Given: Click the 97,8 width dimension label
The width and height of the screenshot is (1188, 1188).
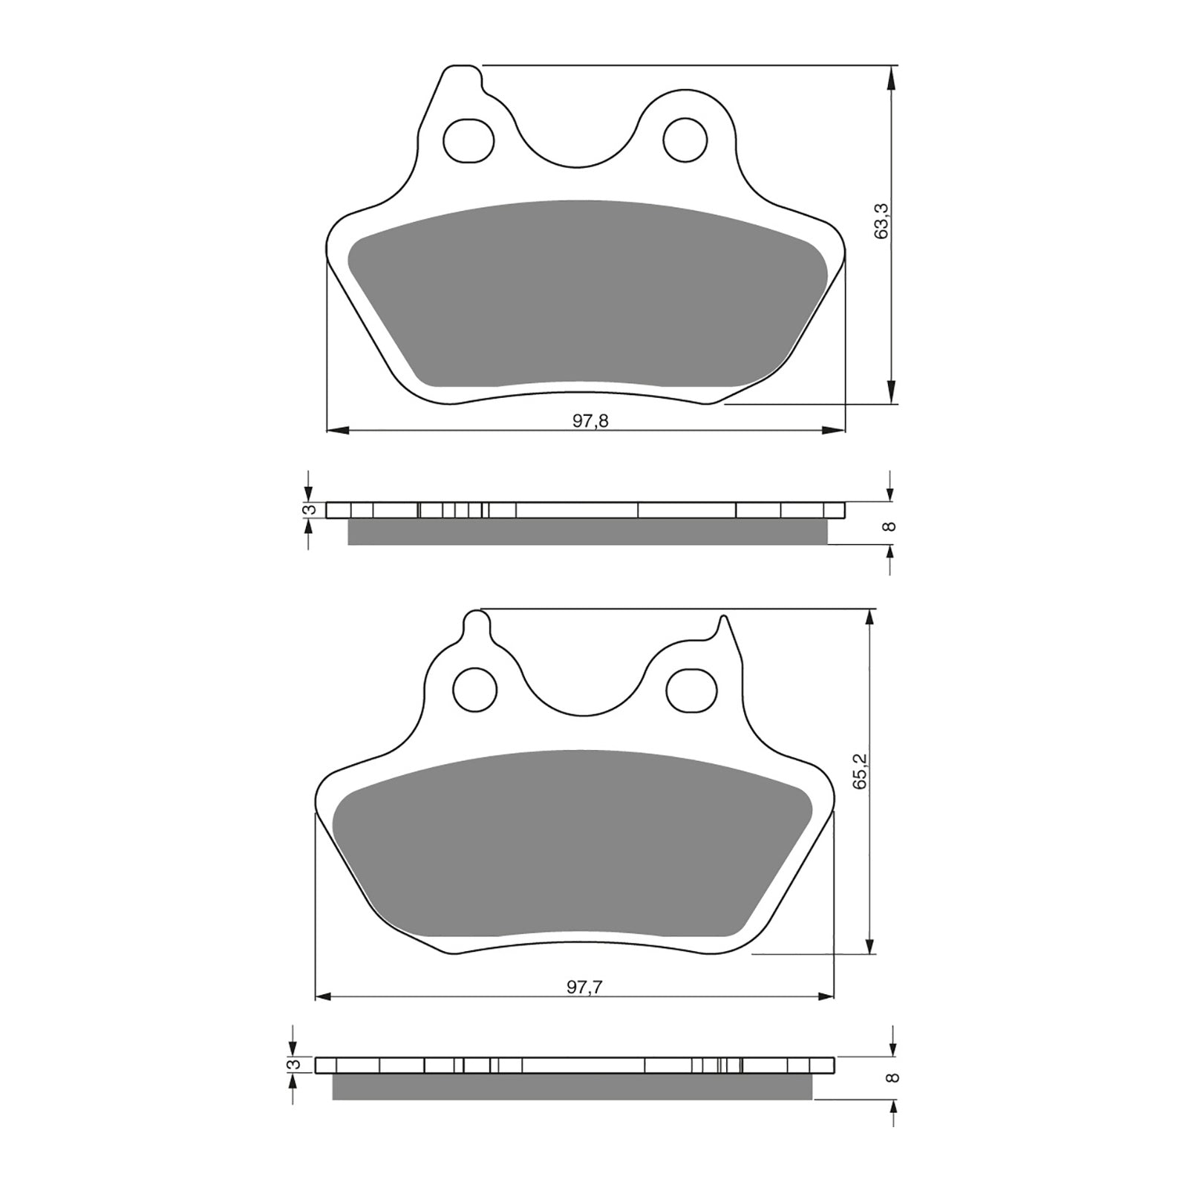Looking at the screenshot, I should click(590, 421).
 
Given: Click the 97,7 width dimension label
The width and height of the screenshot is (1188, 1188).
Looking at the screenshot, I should click(584, 987).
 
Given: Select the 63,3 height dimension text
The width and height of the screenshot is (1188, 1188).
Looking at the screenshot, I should click(882, 221).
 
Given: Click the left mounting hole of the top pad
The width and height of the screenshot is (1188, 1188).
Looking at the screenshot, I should click(469, 140).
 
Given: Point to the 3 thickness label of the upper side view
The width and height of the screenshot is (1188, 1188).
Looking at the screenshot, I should click(312, 509).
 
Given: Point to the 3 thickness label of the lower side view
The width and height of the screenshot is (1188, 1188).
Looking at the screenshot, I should click(296, 1065).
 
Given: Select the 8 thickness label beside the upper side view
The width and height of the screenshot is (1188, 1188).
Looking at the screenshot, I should click(891, 526).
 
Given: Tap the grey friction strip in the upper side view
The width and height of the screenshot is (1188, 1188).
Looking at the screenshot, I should click(587, 532).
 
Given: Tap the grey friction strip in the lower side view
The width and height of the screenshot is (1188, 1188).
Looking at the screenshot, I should click(572, 1086).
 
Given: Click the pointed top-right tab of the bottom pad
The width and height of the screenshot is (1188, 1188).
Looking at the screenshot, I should click(720, 626).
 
